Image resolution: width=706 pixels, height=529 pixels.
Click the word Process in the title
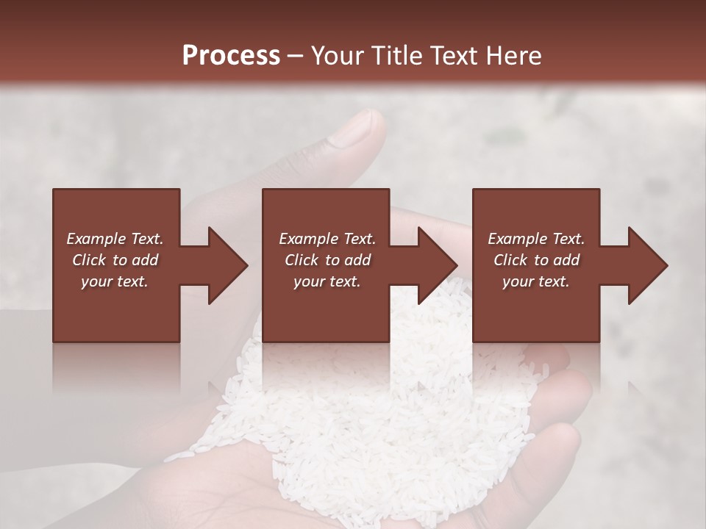(231, 56)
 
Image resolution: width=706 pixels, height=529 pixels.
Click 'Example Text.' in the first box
(115, 239)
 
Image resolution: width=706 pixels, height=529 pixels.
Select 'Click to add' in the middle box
(327, 260)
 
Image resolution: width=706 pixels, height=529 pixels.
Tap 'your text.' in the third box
(536, 281)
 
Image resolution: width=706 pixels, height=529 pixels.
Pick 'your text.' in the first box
(115, 281)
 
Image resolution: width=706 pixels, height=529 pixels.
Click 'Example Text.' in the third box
(536, 239)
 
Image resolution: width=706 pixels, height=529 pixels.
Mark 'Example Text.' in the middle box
(327, 239)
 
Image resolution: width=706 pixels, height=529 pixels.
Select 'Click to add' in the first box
(115, 260)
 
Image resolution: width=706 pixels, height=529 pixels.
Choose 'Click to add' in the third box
(536, 260)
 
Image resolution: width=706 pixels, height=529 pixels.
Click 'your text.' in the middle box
(327, 281)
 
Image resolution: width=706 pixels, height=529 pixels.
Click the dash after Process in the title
(296, 57)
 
